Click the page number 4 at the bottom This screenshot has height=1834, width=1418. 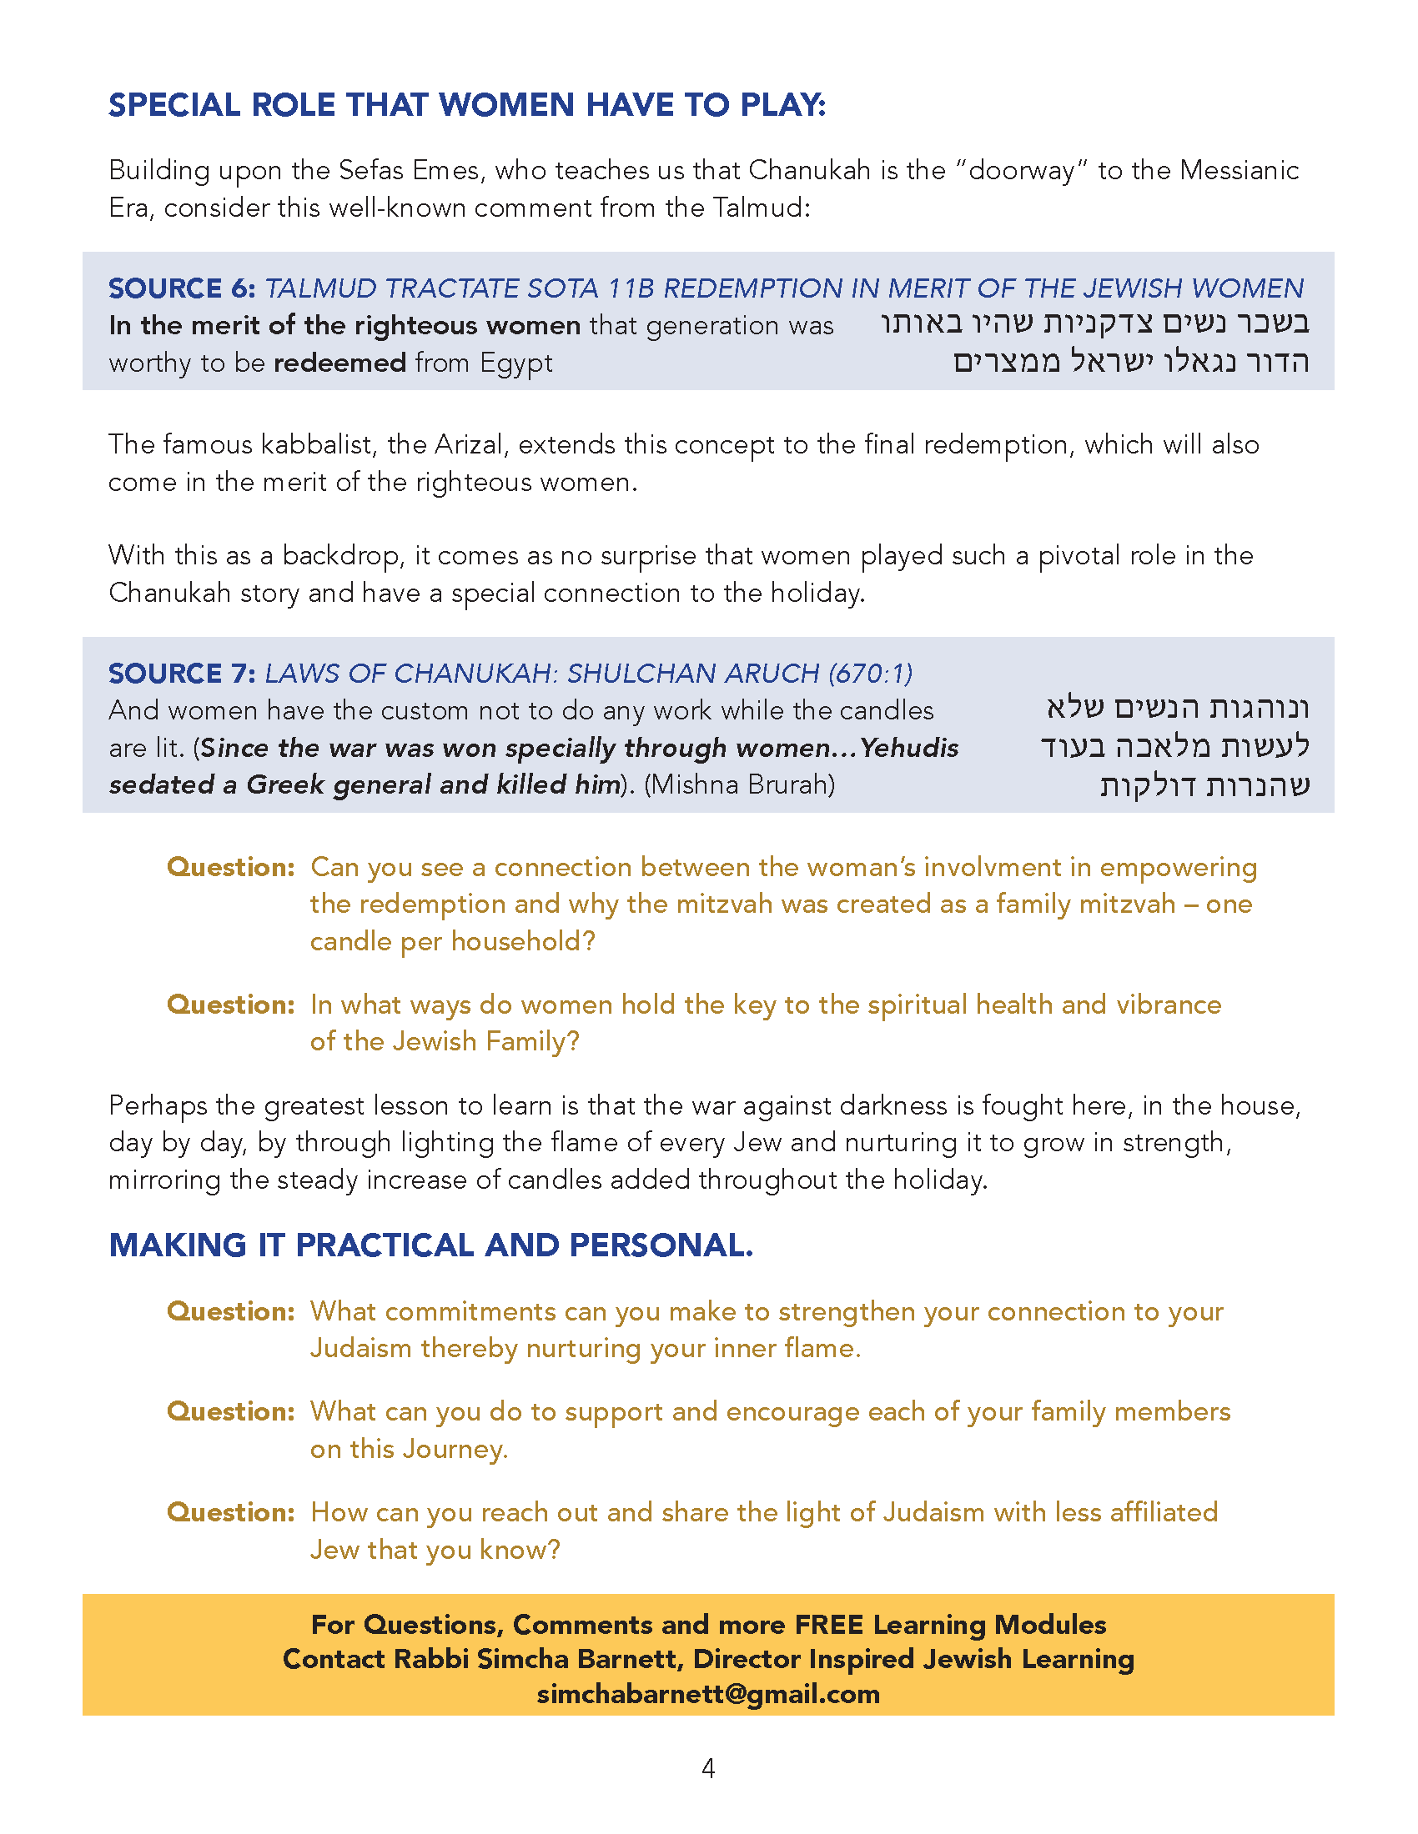click(708, 1768)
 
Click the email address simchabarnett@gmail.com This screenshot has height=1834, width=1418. click(708, 1694)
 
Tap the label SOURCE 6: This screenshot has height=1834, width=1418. click(182, 288)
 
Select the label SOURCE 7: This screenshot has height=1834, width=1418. click(182, 673)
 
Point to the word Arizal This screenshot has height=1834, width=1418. click(464, 444)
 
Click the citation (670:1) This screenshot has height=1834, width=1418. click(870, 673)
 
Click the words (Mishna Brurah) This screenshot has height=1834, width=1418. click(739, 784)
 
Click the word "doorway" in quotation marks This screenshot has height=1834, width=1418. click(1023, 170)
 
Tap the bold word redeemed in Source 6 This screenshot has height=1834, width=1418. click(340, 363)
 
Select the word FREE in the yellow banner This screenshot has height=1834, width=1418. click(829, 1624)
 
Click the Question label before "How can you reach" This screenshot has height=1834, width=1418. click(230, 1511)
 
